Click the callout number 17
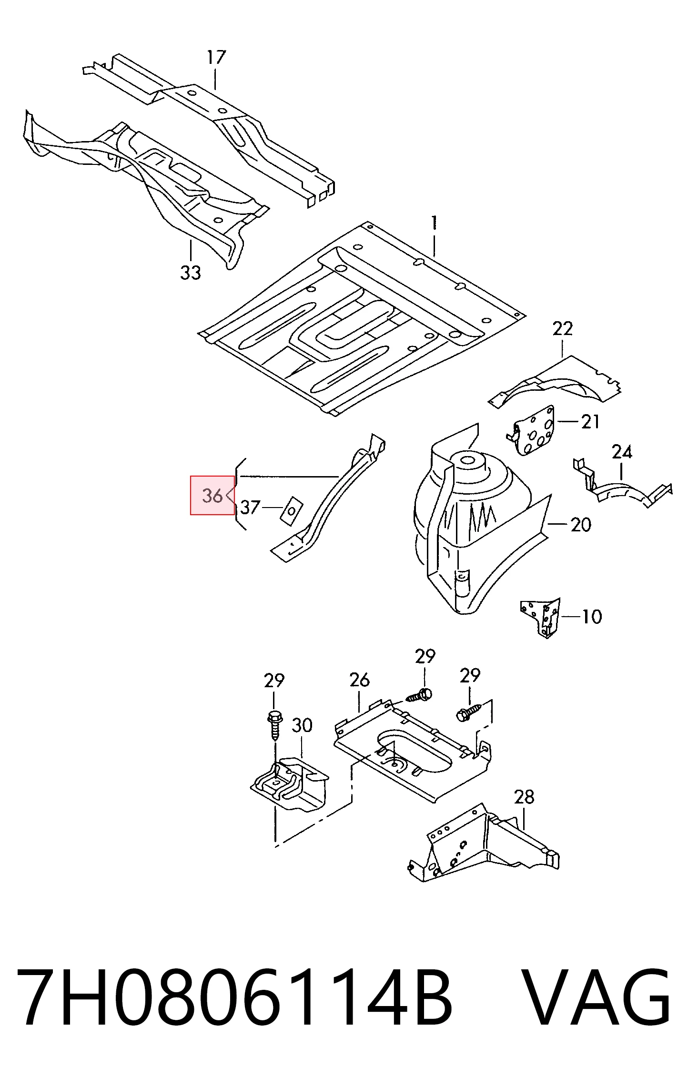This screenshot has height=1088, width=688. click(216, 58)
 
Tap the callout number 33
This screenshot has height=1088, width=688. click(191, 273)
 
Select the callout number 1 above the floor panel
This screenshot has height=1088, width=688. click(434, 223)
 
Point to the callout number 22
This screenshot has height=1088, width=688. click(562, 328)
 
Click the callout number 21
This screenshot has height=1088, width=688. click(590, 422)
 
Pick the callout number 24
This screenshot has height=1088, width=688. click(622, 452)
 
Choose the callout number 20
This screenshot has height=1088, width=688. click(580, 525)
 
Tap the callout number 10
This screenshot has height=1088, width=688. click(592, 617)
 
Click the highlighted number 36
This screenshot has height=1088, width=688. click(212, 496)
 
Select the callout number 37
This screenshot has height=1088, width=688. click(251, 507)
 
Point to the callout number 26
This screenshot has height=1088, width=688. click(359, 680)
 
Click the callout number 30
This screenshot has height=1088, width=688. click(302, 725)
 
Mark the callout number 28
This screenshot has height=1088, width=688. click(524, 797)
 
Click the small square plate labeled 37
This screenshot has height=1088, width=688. click(292, 510)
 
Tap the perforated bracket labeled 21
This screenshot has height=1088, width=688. click(531, 430)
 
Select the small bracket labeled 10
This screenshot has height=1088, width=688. click(541, 618)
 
